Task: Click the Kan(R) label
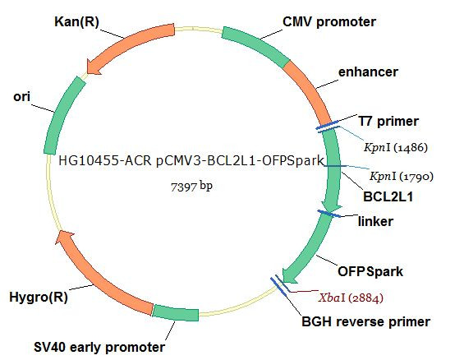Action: coord(76,22)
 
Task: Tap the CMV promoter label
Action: coord(329,21)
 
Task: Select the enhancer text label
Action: coord(368,72)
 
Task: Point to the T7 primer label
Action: coord(388,121)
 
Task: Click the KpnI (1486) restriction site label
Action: coord(396,147)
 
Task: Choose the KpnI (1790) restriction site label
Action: coord(402,177)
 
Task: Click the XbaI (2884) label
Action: coord(351,298)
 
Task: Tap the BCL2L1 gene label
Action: coord(388,196)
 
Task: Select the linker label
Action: coord(375,221)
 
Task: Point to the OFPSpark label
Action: coord(370,271)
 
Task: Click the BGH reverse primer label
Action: coord(365,322)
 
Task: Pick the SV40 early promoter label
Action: coord(99,348)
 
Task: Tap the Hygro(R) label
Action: coord(39,297)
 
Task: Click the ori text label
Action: coord(21,97)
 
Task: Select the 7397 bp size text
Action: coord(191,187)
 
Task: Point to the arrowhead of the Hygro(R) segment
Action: coord(64,238)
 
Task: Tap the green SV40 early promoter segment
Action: coord(176,312)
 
